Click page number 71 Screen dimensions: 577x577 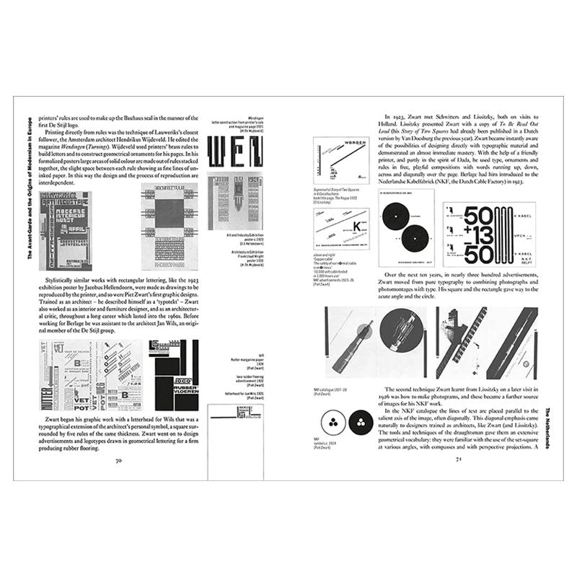point(455,462)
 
